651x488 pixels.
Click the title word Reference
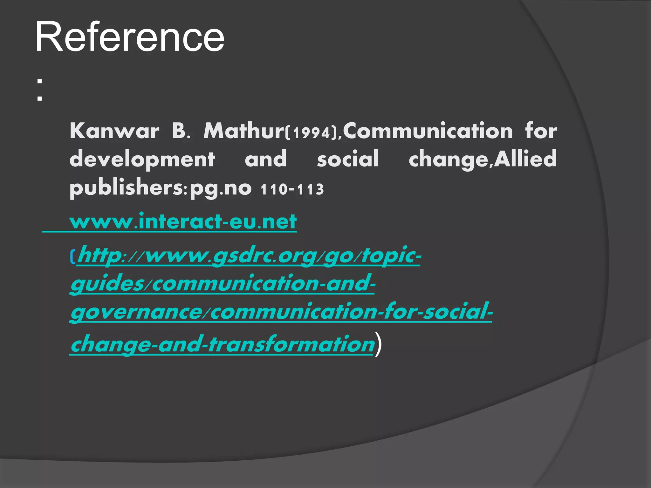click(130, 37)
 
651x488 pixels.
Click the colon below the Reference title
click(39, 90)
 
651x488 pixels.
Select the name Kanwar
click(114, 131)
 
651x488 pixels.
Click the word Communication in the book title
click(428, 131)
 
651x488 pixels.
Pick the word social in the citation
click(348, 159)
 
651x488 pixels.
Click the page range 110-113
click(292, 190)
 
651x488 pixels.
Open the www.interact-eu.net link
click(183, 222)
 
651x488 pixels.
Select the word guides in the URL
click(107, 284)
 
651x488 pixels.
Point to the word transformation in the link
click(291, 344)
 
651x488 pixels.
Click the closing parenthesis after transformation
click(378, 344)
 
